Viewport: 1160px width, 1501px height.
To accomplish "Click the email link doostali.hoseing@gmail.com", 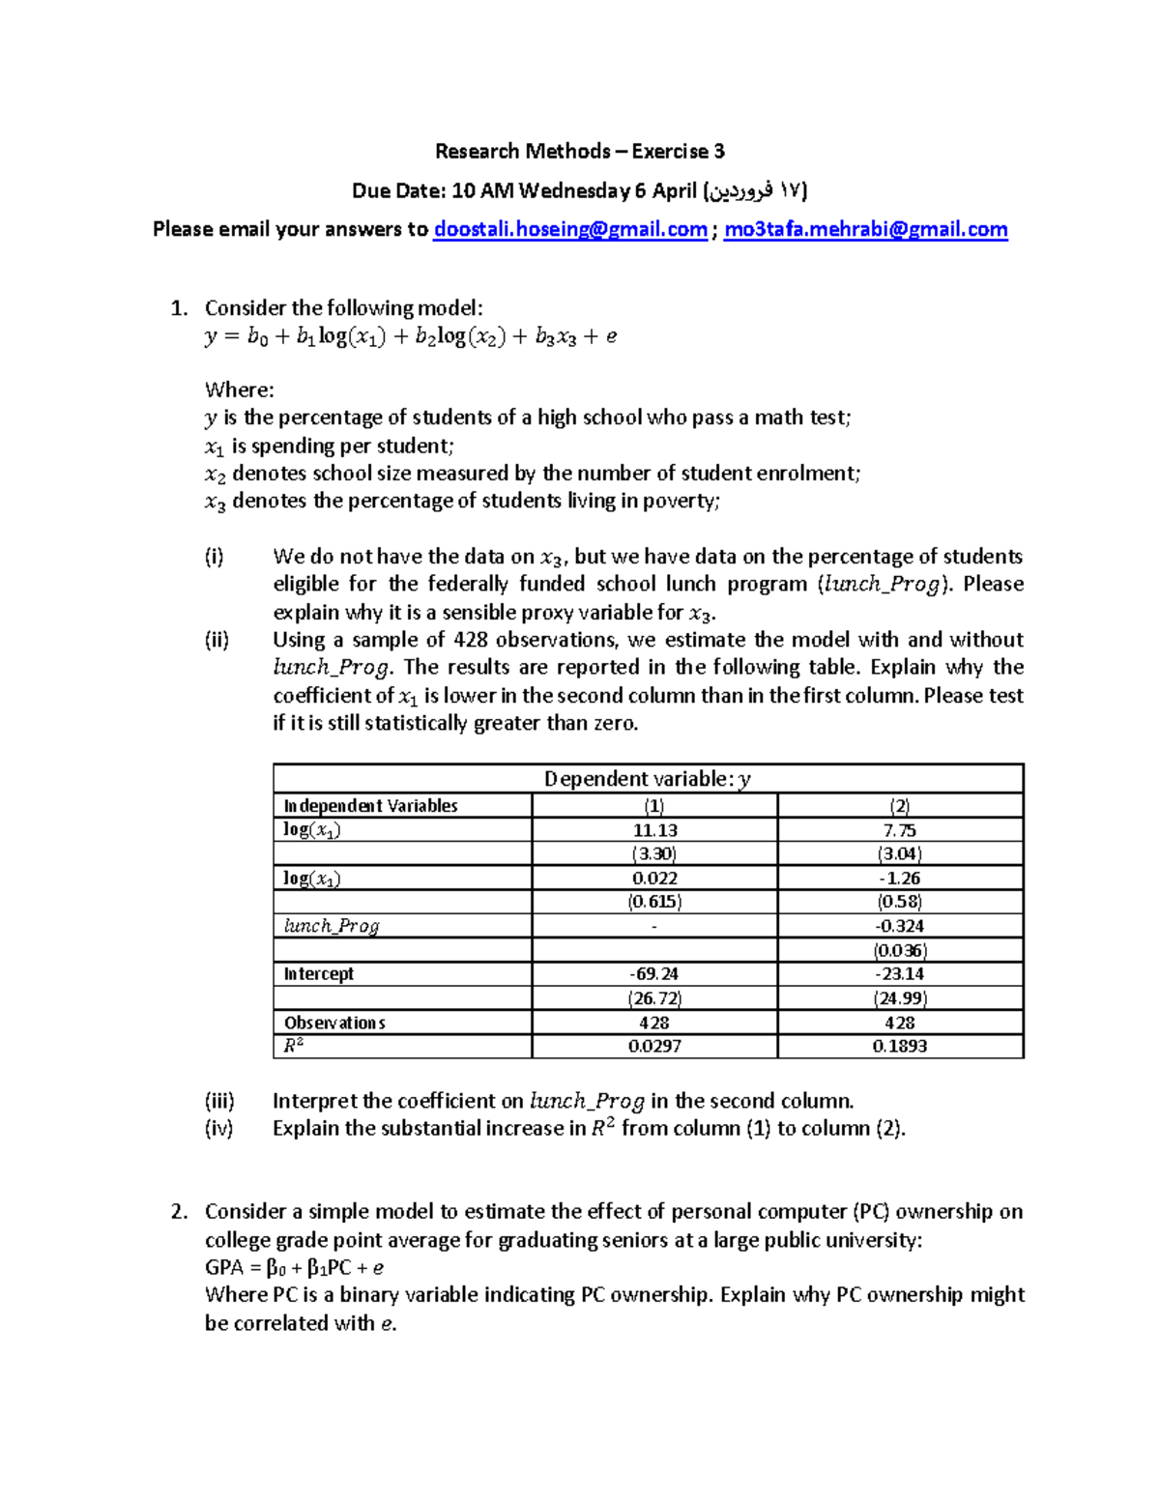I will click(x=570, y=229).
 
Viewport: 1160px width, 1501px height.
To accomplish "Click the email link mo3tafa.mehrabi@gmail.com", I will click(x=865, y=229).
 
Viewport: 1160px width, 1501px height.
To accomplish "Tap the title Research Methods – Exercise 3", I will click(x=579, y=151).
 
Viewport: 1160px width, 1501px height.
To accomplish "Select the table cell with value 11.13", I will click(x=654, y=830).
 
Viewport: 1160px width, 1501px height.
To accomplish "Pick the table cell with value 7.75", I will click(x=899, y=830).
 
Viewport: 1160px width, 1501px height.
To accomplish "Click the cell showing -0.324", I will click(x=899, y=926).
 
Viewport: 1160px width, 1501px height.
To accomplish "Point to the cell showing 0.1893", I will click(x=899, y=1046).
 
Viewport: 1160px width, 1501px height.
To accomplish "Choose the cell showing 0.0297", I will click(x=654, y=1046).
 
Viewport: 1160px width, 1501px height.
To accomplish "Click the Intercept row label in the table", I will click(x=319, y=974).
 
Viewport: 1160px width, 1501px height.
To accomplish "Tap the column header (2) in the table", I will click(x=899, y=806).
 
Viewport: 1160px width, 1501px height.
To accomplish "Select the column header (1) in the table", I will click(x=654, y=806).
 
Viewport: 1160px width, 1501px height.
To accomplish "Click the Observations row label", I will click(x=334, y=1023).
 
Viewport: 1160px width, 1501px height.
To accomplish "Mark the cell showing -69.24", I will click(x=654, y=974).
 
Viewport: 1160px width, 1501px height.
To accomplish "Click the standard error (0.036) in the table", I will click(x=899, y=950).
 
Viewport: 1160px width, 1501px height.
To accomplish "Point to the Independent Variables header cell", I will click(x=370, y=806).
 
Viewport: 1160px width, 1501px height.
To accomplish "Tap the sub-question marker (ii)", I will click(x=217, y=640).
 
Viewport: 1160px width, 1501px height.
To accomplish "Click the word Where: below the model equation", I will click(x=240, y=390).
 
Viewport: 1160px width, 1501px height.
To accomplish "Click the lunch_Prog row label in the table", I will click(x=332, y=926).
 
